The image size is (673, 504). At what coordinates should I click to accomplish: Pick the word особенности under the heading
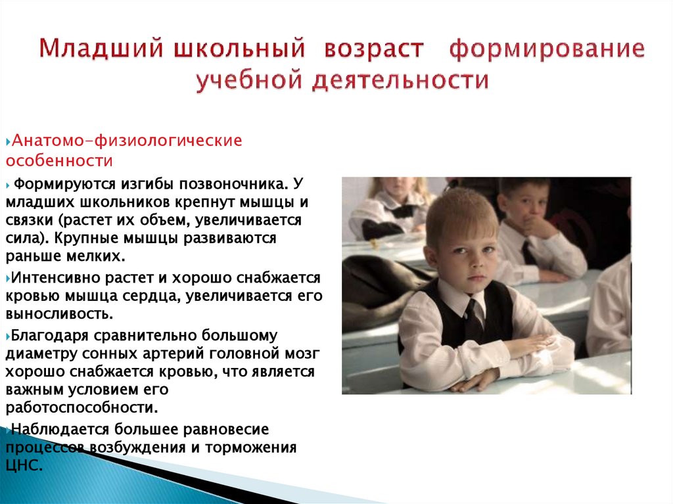[x=60, y=160]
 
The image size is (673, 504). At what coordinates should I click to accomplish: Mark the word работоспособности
[x=82, y=407]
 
